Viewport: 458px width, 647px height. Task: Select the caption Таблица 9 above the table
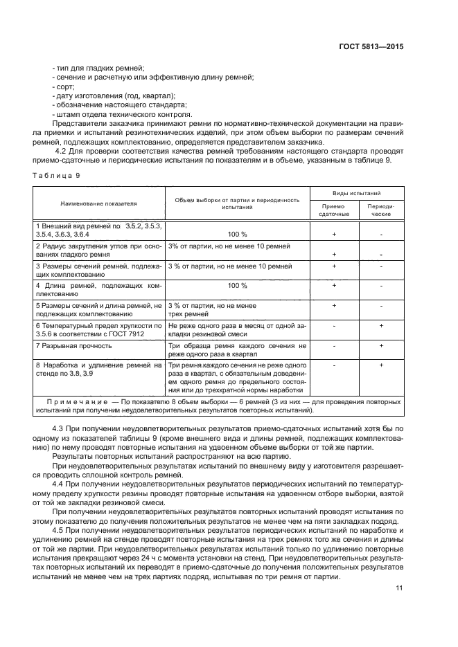point(56,176)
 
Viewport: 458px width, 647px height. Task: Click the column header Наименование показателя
point(98,204)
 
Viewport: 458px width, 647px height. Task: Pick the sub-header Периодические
point(380,210)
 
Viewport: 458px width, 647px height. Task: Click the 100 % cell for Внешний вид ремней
point(238,234)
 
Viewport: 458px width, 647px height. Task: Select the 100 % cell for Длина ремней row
point(238,285)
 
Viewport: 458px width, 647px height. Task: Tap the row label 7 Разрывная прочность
point(73,345)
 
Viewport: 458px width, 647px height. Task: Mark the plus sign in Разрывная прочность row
point(381,345)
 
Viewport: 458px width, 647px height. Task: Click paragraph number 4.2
point(60,150)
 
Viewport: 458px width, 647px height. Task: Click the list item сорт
point(63,87)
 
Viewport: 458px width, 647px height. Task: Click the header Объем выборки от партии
point(237,200)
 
